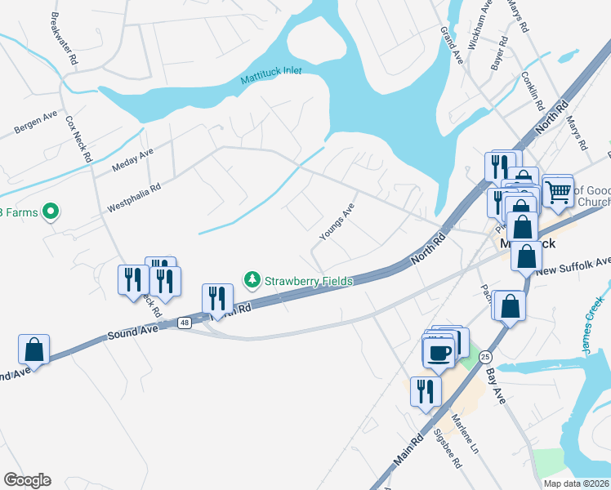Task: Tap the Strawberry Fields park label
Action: [309, 281]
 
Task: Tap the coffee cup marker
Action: [439, 353]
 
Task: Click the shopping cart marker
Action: [559, 193]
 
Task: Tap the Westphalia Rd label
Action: [134, 198]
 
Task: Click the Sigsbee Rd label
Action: [447, 450]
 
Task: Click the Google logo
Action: [28, 480]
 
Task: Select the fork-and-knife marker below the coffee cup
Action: [424, 391]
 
